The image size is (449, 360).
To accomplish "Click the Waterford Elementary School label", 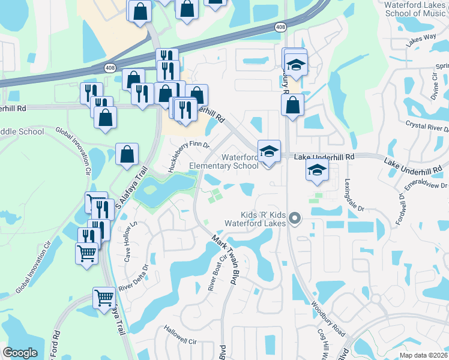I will (x=223, y=162).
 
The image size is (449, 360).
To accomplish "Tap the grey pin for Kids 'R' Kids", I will (x=294, y=218).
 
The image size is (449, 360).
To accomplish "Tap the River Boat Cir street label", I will (x=217, y=274).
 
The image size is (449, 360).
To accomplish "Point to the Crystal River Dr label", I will (x=427, y=128).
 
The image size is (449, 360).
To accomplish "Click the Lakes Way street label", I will (x=420, y=40).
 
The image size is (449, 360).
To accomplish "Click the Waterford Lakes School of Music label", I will (x=417, y=9).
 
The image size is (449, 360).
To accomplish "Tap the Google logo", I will (x=20, y=353).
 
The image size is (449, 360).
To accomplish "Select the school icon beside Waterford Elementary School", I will (x=269, y=151).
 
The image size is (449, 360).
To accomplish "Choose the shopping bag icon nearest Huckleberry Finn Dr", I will (x=127, y=155).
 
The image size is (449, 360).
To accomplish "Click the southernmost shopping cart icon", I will (x=104, y=298).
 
